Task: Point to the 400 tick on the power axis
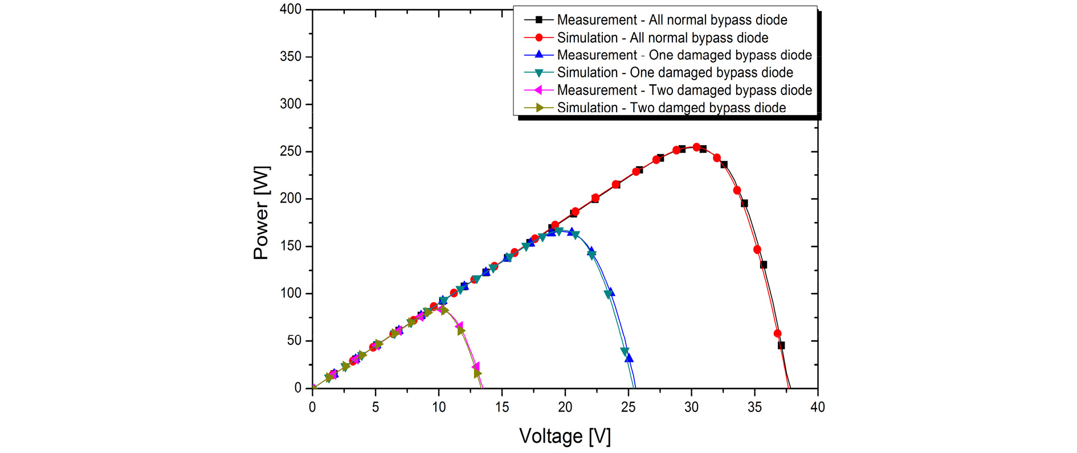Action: pos(291,10)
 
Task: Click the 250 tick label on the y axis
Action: pos(291,151)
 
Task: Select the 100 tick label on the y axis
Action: pos(291,293)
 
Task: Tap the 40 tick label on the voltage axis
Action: pos(817,407)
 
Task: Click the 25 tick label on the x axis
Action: pos(628,407)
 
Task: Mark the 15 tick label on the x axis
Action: pos(501,407)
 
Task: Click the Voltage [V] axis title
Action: pos(565,436)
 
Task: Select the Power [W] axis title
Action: pos(262,213)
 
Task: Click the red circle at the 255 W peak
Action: pos(696,147)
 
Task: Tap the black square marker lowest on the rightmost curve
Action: pos(781,345)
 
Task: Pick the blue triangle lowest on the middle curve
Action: pos(629,358)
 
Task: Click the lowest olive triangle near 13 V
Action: pos(478,374)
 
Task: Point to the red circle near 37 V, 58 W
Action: pos(777,333)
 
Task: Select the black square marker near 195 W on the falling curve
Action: pos(744,203)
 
